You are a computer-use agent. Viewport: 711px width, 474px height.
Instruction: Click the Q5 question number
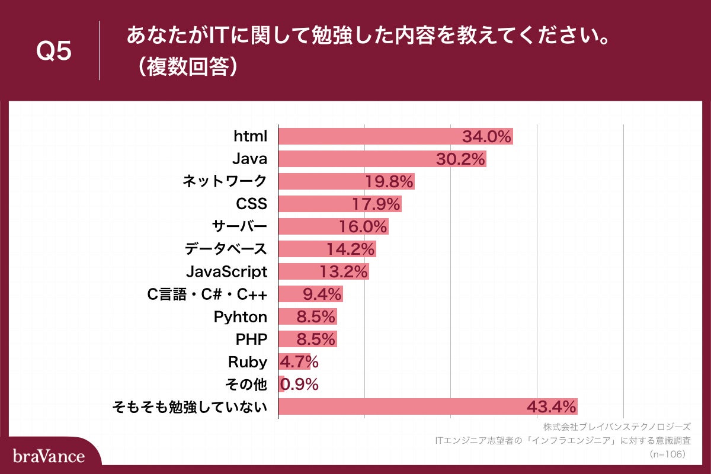pyautogui.click(x=54, y=52)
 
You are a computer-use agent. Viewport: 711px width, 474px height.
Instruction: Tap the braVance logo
pyautogui.click(x=49, y=456)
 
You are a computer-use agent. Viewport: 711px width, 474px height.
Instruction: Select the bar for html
pyautogui.click(x=367, y=136)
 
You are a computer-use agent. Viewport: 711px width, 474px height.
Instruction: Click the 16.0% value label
pyautogui.click(x=363, y=227)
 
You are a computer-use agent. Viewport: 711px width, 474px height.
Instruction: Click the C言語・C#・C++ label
pyautogui.click(x=207, y=294)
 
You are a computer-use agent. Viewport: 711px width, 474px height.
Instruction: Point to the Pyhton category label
pyautogui.click(x=241, y=316)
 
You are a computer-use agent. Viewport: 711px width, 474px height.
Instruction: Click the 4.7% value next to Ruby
pyautogui.click(x=299, y=362)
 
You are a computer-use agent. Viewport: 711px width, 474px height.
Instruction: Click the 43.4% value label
pyautogui.click(x=551, y=407)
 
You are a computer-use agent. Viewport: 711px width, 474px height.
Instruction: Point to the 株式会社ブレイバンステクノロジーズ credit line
pyautogui.click(x=616, y=427)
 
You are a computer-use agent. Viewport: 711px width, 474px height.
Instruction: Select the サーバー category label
pyautogui.click(x=239, y=226)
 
